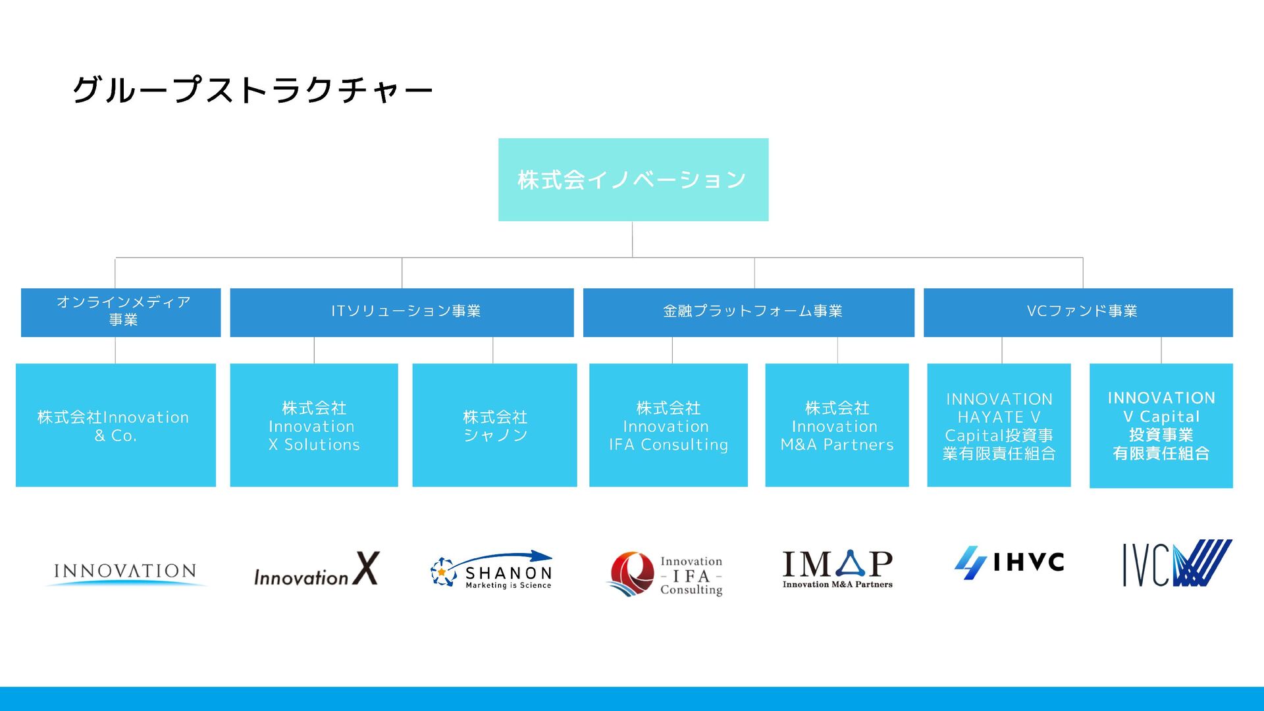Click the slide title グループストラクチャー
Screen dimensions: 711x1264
tap(252, 90)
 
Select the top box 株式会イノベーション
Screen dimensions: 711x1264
tap(633, 180)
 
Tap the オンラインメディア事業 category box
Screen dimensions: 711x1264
tap(121, 312)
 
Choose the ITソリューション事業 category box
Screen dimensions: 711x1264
tap(402, 312)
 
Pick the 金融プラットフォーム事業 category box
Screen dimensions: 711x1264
tap(749, 312)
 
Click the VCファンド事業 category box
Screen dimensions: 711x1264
tap(1078, 312)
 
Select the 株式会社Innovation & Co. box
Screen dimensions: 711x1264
tap(116, 425)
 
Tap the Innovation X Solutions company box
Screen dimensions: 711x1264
tap(314, 425)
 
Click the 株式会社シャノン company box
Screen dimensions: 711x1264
tap(494, 425)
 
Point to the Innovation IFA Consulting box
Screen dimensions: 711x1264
tap(668, 425)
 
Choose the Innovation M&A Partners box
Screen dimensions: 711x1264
tap(837, 425)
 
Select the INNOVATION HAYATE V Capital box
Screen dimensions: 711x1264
tap(999, 425)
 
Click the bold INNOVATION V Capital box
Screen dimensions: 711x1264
tap(1161, 425)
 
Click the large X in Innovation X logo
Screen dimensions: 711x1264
tap(366, 568)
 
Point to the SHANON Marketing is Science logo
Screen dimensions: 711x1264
tap(492, 571)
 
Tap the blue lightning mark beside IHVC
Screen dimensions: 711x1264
tap(970, 563)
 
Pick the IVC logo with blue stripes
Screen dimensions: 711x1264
tap(1176, 564)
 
